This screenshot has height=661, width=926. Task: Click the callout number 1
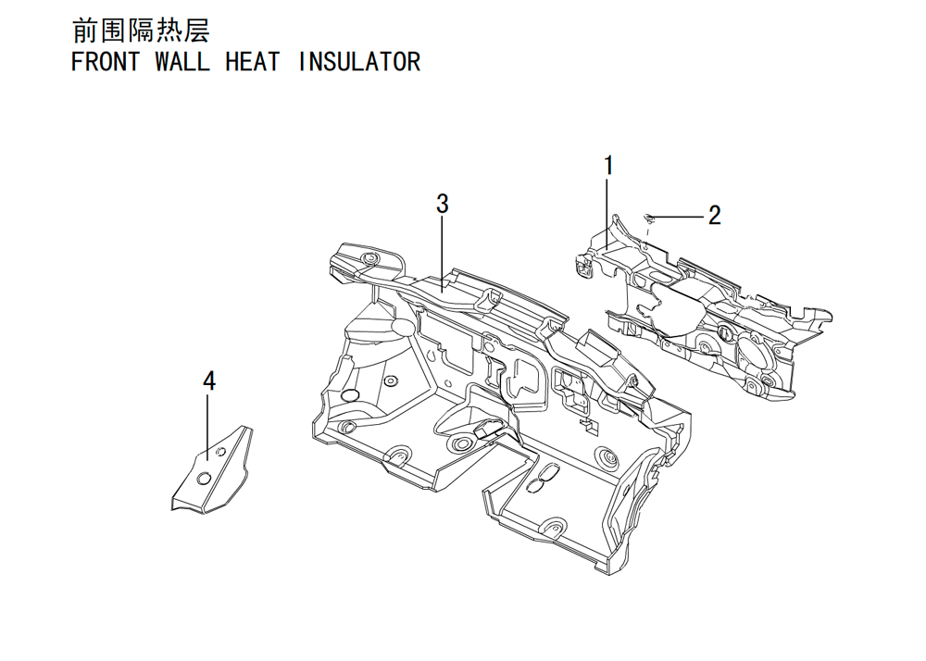coord(608,166)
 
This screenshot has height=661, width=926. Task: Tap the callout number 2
coord(715,216)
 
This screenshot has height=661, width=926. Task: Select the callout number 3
coord(443,204)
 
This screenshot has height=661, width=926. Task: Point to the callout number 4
coord(209,381)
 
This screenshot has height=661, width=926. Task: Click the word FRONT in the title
coord(106,61)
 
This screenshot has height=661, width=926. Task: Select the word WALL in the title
coord(182,61)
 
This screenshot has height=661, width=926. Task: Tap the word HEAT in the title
coord(253,61)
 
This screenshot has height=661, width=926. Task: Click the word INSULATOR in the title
coord(359,61)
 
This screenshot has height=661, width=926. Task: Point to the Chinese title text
coord(141,31)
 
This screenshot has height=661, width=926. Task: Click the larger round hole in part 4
coord(203,479)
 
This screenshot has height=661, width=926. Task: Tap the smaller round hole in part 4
coord(221,452)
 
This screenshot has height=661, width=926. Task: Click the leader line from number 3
coord(443,253)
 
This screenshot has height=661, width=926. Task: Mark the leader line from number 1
coord(608,211)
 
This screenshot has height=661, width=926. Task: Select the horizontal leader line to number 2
coord(679,218)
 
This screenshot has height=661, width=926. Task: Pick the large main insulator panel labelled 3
coord(499,407)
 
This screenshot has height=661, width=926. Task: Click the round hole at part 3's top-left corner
coord(371,259)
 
